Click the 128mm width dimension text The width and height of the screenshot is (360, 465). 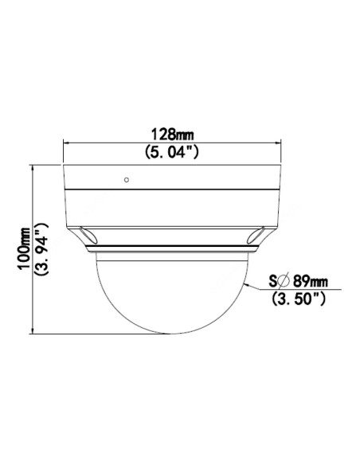click(172, 135)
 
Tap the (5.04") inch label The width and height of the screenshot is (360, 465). click(172, 152)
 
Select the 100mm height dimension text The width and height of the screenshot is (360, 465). click(24, 248)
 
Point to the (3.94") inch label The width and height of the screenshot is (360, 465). click(41, 249)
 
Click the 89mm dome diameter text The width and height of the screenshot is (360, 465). click(311, 281)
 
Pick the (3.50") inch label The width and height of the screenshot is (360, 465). click(299, 299)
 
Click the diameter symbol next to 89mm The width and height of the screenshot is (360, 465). click(284, 281)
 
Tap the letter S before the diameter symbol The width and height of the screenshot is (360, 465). click(273, 281)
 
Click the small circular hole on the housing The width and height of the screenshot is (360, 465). click(127, 180)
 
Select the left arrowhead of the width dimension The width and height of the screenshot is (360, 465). click(66, 143)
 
